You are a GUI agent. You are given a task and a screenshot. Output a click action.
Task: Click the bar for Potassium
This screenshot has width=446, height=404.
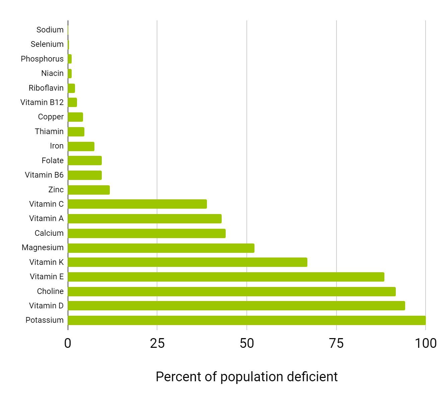[x=246, y=320]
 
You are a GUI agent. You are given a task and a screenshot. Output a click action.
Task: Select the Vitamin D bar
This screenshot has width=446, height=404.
[x=236, y=306]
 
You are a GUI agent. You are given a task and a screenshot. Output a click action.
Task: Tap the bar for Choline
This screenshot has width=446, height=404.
[x=231, y=291]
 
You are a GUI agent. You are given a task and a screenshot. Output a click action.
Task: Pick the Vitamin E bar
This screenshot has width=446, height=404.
[x=226, y=277]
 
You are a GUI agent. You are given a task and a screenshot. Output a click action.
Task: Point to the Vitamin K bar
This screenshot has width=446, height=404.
[x=187, y=262]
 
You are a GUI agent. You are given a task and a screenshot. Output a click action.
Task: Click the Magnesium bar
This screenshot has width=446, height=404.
[x=161, y=248]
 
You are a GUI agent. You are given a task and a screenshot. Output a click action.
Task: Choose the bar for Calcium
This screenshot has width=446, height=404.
[x=146, y=233]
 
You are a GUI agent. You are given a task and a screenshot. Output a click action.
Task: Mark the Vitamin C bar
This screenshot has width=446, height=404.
[x=137, y=204]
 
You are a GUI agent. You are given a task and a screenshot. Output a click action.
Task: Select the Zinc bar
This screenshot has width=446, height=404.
[x=88, y=190]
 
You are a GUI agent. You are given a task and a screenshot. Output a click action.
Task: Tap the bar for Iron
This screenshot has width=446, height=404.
[x=81, y=146]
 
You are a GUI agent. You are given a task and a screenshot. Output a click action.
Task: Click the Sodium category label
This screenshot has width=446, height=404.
[x=50, y=30]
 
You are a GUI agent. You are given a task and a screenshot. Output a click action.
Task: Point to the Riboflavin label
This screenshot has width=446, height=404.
[x=46, y=88]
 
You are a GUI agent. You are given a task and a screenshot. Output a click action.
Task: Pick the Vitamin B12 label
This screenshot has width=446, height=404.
[x=42, y=102]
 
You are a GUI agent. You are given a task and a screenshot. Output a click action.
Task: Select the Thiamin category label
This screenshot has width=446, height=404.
[x=49, y=131]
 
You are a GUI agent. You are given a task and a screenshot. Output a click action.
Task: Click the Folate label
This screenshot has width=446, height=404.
[x=53, y=161]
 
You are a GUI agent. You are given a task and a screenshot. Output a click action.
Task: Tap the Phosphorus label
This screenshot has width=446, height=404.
[x=42, y=59]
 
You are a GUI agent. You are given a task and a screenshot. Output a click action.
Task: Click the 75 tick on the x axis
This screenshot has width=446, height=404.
[x=336, y=343]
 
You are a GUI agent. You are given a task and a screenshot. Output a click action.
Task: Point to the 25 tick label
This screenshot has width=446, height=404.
[x=157, y=343]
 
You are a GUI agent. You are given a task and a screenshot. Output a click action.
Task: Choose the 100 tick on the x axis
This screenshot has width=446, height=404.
[x=425, y=343]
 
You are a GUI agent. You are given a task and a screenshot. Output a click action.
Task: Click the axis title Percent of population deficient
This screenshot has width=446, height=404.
[x=246, y=377]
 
